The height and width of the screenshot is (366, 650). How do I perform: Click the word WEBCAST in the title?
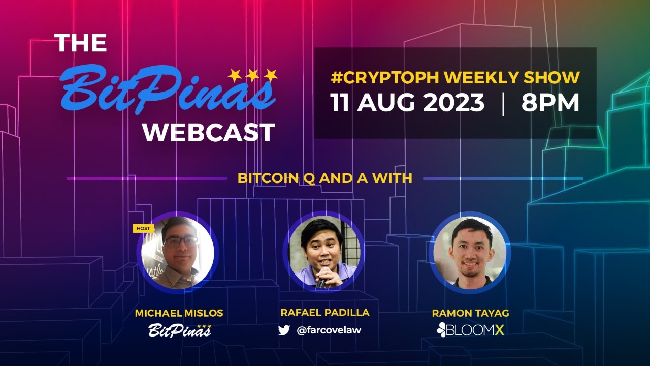(x=209, y=132)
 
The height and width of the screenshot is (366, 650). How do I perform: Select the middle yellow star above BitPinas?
(x=252, y=75)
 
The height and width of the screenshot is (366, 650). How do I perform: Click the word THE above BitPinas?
(x=80, y=43)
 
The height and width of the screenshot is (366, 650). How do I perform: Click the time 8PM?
(x=550, y=103)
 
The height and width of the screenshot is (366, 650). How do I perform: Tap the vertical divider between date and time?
(x=503, y=104)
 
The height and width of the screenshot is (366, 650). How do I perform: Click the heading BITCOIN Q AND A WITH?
(x=324, y=178)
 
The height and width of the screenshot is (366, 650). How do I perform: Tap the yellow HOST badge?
(x=143, y=229)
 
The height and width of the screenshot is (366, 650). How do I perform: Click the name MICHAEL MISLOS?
(x=179, y=314)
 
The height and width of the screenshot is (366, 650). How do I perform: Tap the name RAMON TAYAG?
(x=470, y=313)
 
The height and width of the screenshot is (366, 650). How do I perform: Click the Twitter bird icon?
(x=284, y=330)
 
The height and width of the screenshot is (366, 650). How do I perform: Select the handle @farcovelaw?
(x=329, y=330)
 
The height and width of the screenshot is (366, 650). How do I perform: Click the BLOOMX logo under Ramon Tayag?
(x=470, y=330)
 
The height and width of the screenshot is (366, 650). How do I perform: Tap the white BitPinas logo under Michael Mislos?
(x=180, y=331)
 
